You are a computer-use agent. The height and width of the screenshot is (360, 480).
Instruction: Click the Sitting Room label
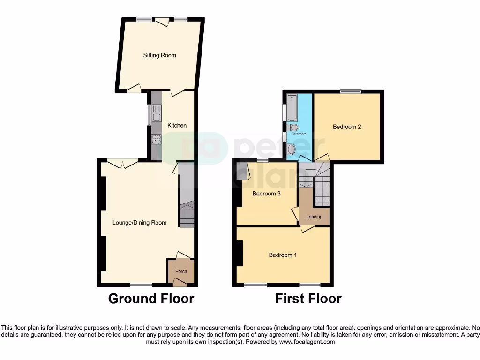pos(159,55)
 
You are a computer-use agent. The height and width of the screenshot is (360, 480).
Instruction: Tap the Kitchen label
pos(177,125)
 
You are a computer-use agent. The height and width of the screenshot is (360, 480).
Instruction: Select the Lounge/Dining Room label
pos(140,223)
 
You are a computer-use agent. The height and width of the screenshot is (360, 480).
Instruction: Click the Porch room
pos(181,271)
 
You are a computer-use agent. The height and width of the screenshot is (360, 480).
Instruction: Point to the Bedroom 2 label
pos(347,127)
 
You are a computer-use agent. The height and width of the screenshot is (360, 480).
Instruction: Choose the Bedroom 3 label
pos(266,193)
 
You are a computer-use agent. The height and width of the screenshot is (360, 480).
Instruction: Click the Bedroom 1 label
pos(283,255)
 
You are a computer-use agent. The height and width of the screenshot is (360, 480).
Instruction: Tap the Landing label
pos(314,217)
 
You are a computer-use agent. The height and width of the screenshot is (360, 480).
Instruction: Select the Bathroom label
pos(299,134)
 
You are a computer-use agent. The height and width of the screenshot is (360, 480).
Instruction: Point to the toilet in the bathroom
pos(294,127)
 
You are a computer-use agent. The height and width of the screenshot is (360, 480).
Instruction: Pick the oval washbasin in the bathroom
pos(292,149)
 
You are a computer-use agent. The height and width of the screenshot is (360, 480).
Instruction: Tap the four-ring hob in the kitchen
pos(156,139)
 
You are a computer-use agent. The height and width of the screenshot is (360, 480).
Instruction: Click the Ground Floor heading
pos(151,299)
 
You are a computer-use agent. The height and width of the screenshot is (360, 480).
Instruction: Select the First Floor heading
pos(308,299)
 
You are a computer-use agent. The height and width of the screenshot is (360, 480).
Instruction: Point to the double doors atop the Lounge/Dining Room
pos(123,162)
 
